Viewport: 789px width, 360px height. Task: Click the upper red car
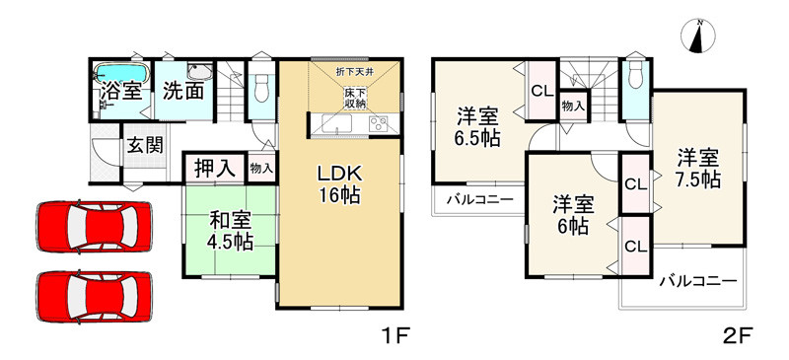pos(94,226)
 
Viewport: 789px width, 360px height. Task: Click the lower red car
pos(94,293)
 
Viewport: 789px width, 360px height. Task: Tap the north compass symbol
pos(699,36)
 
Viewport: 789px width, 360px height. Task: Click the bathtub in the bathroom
pos(119,73)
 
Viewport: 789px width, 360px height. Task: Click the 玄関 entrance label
pos(144,145)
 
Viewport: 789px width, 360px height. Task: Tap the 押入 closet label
pos(214,168)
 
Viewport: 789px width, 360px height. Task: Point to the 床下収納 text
pos(356,98)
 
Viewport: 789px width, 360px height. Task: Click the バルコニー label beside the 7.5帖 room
pos(697,281)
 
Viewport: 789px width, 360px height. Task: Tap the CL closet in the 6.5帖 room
pos(540,91)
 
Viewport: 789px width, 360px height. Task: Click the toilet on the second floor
pos(634,78)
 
